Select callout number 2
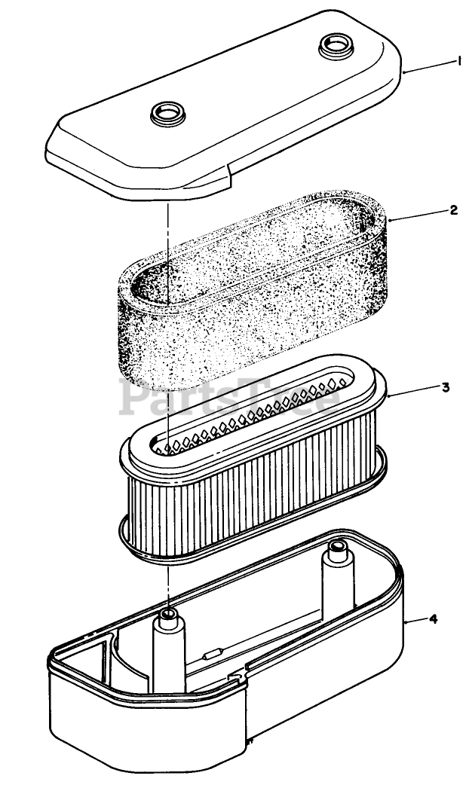[453, 210]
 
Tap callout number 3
[446, 387]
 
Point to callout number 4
[433, 619]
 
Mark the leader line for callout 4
[415, 621]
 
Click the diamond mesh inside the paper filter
[249, 422]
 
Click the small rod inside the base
[225, 654]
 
